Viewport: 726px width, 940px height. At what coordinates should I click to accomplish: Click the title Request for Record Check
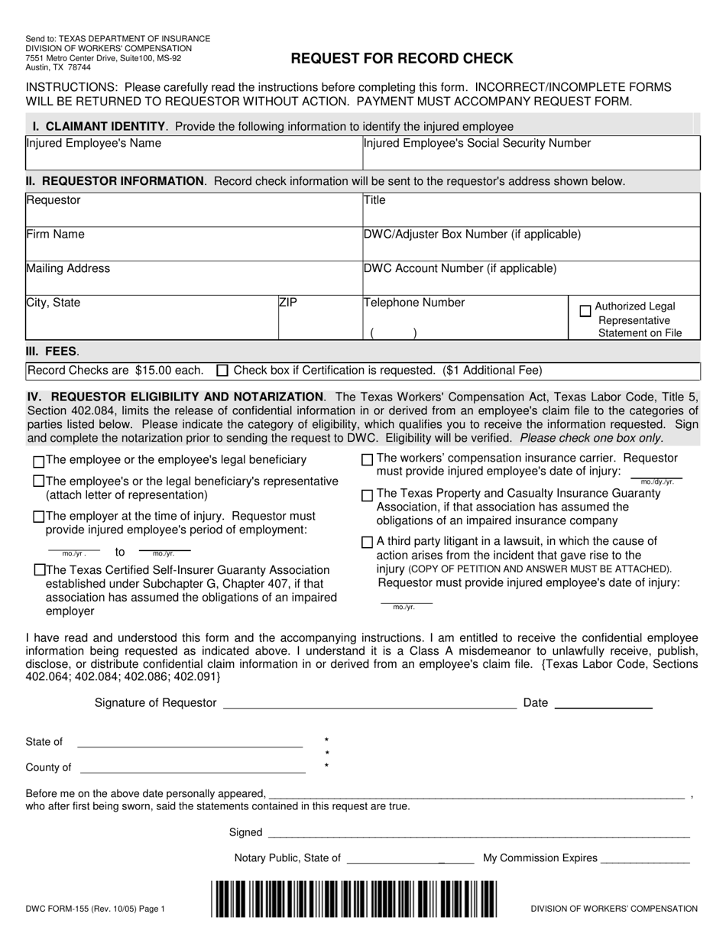point(401,59)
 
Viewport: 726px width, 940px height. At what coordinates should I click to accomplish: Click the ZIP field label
point(288,303)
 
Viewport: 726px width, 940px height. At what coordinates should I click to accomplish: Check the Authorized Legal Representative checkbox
point(585,311)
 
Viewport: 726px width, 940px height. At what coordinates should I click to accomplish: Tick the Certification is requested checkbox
point(222,371)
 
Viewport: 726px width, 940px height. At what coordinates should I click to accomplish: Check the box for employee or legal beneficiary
point(38,462)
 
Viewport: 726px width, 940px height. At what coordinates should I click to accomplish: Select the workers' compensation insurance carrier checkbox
point(367,459)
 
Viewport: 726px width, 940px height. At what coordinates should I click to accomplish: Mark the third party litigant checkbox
point(367,542)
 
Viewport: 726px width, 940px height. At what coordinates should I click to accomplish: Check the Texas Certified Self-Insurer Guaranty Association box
point(38,570)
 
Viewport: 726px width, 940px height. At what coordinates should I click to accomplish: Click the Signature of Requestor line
point(369,704)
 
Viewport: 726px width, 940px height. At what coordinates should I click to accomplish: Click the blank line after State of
point(190,742)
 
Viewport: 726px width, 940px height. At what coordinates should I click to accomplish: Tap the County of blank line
point(193,768)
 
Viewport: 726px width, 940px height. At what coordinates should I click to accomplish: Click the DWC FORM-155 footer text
point(95,909)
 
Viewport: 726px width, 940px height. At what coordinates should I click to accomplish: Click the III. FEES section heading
point(52,352)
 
